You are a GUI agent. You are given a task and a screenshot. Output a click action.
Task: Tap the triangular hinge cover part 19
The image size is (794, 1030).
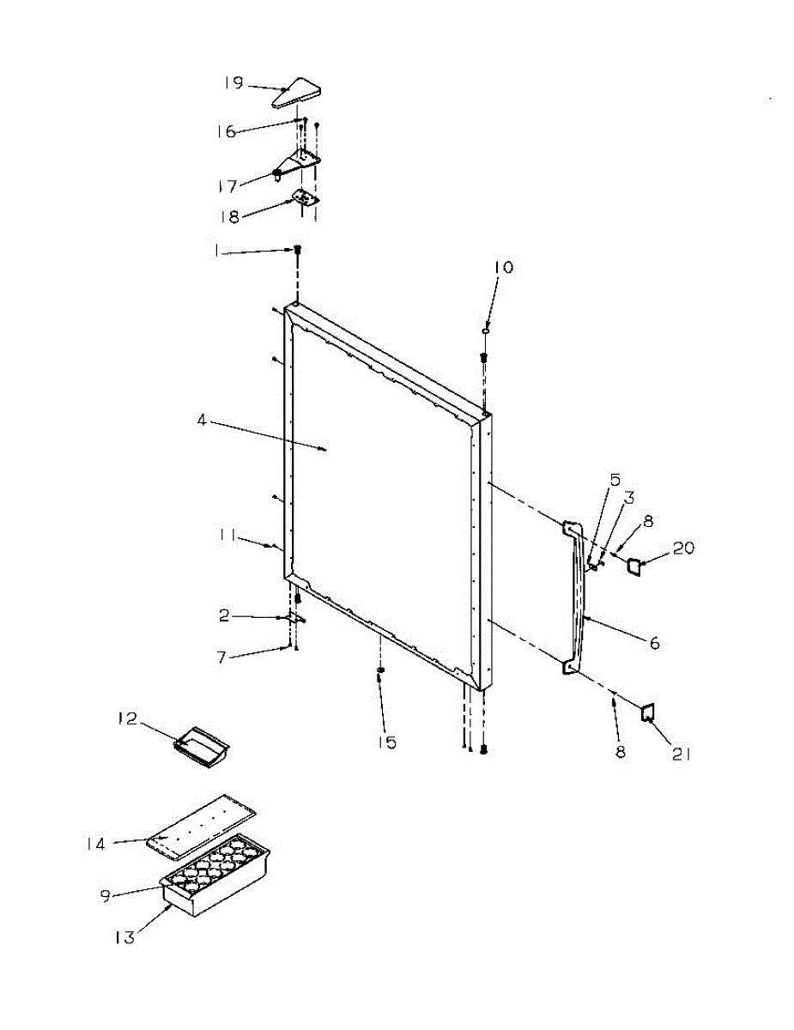click(x=298, y=93)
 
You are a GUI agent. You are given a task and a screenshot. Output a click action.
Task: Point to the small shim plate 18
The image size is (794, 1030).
click(x=305, y=198)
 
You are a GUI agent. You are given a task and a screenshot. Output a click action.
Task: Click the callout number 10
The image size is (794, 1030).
click(x=503, y=268)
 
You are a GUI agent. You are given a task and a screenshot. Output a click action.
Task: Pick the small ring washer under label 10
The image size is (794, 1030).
click(x=486, y=329)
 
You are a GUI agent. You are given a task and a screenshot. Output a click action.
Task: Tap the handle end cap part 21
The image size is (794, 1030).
click(x=648, y=712)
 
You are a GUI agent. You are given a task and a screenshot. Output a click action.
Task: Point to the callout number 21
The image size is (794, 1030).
click(x=682, y=755)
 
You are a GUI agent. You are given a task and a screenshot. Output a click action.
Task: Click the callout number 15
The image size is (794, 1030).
click(x=389, y=742)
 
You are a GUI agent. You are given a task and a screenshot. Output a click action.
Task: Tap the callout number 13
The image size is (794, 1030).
click(x=125, y=937)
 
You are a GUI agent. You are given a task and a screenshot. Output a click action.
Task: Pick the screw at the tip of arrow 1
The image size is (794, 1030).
click(x=298, y=249)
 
